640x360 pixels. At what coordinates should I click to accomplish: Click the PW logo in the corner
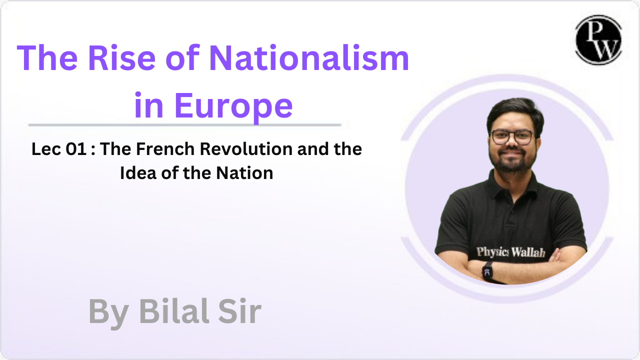(598, 40)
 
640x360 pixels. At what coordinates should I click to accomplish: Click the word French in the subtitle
(165, 149)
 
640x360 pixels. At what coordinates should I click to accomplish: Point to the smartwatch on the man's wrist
(488, 270)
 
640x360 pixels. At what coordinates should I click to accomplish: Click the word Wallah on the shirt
(528, 252)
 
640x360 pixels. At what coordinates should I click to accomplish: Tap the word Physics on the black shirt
(492, 251)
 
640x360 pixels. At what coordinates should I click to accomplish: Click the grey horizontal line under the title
(184, 125)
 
